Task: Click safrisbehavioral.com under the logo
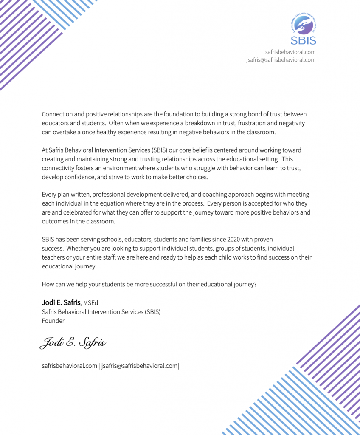click(x=290, y=52)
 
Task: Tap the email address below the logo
click(x=281, y=60)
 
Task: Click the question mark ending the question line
click(x=255, y=285)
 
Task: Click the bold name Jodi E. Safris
click(x=61, y=303)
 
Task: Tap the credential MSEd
click(x=90, y=303)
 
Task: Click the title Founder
click(x=53, y=321)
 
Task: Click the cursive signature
click(x=73, y=342)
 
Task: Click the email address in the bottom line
click(x=139, y=366)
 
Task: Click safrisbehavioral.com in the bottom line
click(x=70, y=366)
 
